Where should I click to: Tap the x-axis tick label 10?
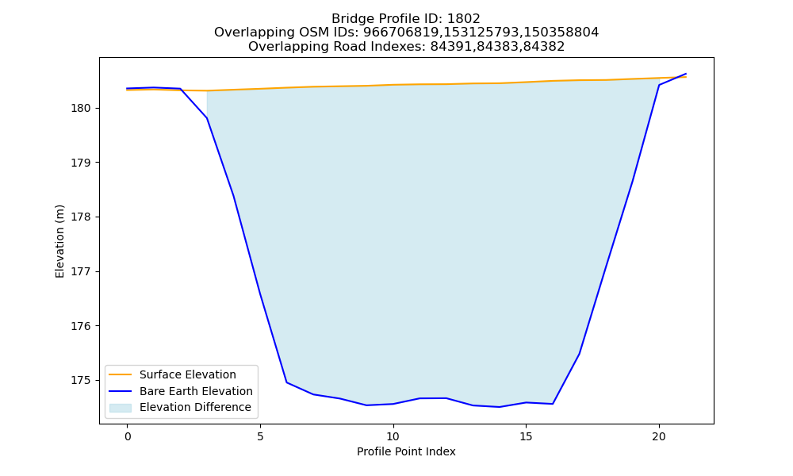(393, 436)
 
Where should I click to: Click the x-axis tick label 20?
(659, 436)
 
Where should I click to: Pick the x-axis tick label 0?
(128, 436)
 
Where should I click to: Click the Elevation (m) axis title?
(59, 241)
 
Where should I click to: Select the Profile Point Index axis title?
(406, 451)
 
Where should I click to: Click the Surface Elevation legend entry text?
(188, 374)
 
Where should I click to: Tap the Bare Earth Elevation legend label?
(196, 391)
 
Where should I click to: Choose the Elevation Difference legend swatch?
(121, 407)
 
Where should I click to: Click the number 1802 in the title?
(463, 19)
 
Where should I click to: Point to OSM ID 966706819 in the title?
(401, 33)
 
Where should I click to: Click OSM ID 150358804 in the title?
(561, 33)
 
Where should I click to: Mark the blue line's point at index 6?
(287, 382)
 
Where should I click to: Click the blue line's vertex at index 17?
(579, 354)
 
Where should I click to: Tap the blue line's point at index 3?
(207, 118)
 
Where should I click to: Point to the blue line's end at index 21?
(686, 74)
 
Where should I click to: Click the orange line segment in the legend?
(121, 374)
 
